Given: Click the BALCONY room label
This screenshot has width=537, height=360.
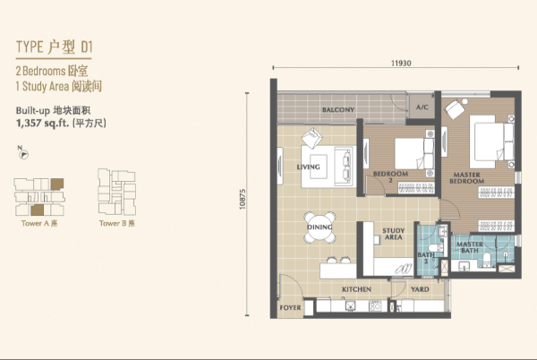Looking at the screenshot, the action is point(338,109).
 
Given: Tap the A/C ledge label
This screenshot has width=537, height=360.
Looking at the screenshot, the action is point(422,107).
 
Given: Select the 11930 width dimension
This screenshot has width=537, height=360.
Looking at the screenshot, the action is point(401,63).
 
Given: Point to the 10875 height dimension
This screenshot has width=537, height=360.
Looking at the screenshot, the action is point(243,199).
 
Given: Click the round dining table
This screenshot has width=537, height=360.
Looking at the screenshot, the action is point(320,227).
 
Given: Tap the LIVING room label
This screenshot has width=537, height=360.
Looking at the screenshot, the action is point(308,167).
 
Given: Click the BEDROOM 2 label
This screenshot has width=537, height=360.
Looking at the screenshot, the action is point(390,176).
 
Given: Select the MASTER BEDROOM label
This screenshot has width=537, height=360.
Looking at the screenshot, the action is point(467,178).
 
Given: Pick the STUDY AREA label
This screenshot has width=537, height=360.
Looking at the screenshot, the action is point(394,234).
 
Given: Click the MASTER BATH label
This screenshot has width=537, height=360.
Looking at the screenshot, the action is point(470,247).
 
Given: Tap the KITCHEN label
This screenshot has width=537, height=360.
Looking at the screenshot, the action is point(356,289).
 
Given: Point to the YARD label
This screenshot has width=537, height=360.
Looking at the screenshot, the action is point(420,289).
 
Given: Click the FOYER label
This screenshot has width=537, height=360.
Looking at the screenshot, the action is point(290,307).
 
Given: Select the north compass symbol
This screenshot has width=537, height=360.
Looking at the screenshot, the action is point(23,153).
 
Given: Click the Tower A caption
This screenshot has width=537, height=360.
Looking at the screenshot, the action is point(39,223).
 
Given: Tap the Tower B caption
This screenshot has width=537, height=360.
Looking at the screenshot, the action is point(116,223).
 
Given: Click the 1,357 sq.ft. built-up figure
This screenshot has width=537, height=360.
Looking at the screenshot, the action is point(42,123).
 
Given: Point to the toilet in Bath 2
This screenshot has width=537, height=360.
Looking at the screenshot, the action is point(435,248).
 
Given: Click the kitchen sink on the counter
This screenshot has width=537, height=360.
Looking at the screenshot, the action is point(350,306).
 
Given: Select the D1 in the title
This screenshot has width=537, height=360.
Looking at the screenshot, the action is point(87,47).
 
